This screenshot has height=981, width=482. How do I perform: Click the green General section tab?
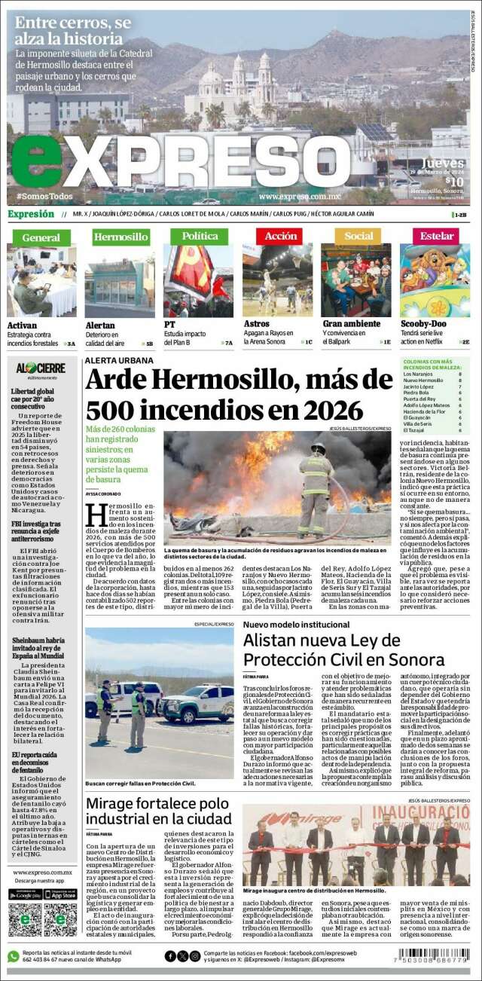[x=41, y=237]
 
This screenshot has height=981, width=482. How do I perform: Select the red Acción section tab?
[x=281, y=236]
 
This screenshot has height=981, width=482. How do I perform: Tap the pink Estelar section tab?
[x=437, y=236]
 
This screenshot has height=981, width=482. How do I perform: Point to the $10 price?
[x=453, y=181]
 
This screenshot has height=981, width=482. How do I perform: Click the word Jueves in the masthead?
[x=442, y=163]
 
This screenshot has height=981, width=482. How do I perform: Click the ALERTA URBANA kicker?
[x=119, y=361]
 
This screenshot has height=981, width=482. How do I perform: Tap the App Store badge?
[x=60, y=894]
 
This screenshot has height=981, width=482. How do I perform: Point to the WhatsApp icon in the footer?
[x=14, y=956]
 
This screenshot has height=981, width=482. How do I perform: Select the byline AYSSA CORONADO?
[x=103, y=493]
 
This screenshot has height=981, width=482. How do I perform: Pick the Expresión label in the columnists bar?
[x=31, y=214]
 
